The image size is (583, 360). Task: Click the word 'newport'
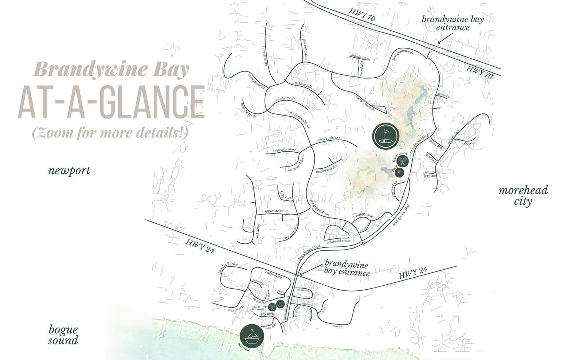(69, 171)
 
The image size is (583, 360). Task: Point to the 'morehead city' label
(523, 196)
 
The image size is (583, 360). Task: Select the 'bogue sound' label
(63, 335)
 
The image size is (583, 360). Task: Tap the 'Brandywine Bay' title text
(111, 69)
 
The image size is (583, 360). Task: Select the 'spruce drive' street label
(274, 211)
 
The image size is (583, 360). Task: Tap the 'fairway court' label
(286, 150)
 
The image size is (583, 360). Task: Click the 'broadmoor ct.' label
(360, 57)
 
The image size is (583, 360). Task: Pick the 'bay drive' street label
(268, 314)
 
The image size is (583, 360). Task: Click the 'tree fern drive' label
(292, 232)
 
